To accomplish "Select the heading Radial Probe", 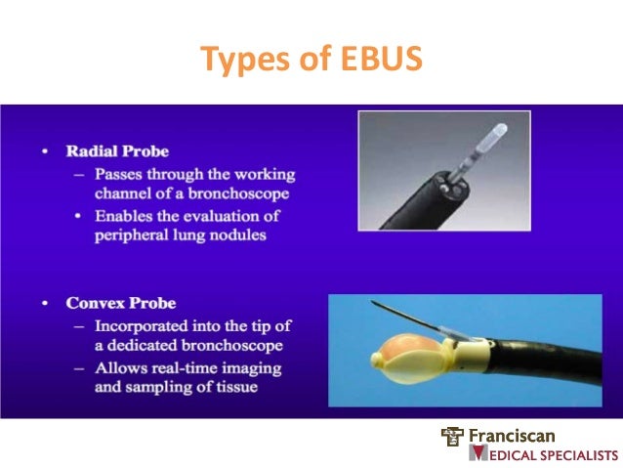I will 117,151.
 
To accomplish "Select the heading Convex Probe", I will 121,303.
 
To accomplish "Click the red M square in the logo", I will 478,453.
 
